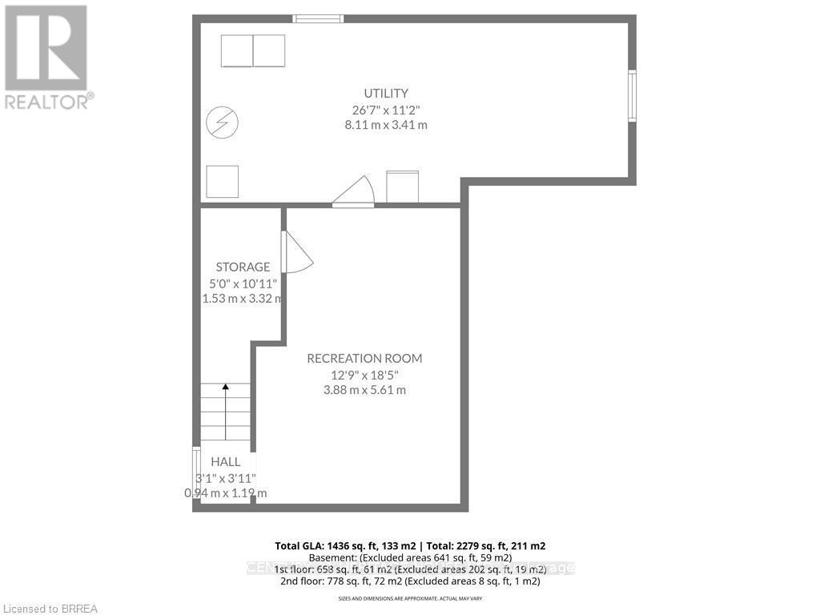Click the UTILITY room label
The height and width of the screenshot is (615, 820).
point(385,93)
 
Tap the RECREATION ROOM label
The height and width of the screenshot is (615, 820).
point(364,358)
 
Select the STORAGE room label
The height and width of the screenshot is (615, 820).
point(243,267)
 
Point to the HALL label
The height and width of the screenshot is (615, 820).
point(225,462)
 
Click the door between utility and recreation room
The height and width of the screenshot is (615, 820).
point(353,193)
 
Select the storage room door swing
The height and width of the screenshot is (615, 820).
point(295,252)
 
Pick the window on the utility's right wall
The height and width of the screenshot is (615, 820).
point(632,96)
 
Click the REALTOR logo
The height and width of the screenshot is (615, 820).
point(47,56)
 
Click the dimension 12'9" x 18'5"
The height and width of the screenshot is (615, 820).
point(364,374)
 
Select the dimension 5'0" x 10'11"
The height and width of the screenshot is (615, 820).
point(243,283)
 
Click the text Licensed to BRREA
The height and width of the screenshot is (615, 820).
point(49,609)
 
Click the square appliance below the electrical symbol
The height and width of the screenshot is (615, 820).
point(223,181)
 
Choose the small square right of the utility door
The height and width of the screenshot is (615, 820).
point(402,187)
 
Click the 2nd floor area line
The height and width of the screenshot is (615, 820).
point(409,581)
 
